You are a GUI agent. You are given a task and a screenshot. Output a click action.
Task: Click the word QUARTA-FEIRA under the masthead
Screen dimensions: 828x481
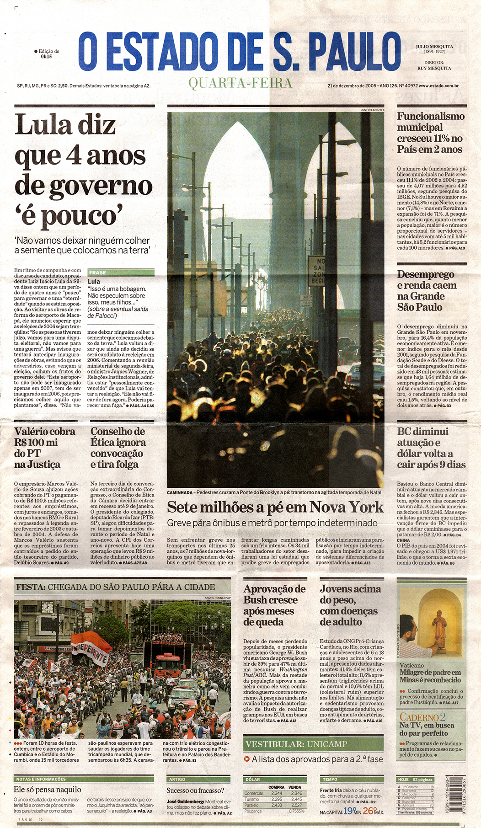240,83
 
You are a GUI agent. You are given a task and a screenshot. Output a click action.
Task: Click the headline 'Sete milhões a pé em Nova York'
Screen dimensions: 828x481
275,507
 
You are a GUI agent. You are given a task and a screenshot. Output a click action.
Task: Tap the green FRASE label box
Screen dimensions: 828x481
121,272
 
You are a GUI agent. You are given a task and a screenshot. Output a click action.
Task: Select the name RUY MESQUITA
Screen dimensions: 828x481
434,68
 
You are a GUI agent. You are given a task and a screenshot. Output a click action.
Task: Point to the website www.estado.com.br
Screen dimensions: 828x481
438,85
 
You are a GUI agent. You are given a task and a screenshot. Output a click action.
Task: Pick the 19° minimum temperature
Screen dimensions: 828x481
349,811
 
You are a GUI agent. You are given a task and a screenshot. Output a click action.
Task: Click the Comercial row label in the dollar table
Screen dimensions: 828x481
253,793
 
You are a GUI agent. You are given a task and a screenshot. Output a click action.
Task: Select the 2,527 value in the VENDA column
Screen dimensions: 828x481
296,805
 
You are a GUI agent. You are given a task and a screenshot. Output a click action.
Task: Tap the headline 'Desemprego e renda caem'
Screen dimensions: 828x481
426,291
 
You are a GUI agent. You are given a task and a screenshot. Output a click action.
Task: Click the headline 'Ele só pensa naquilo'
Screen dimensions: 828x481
48,790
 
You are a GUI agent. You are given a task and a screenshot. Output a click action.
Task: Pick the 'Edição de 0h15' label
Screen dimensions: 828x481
47,54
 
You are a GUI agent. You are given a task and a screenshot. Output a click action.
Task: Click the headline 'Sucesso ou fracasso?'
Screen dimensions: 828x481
195,791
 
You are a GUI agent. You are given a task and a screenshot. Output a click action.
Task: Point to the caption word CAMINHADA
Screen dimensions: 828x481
180,492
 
